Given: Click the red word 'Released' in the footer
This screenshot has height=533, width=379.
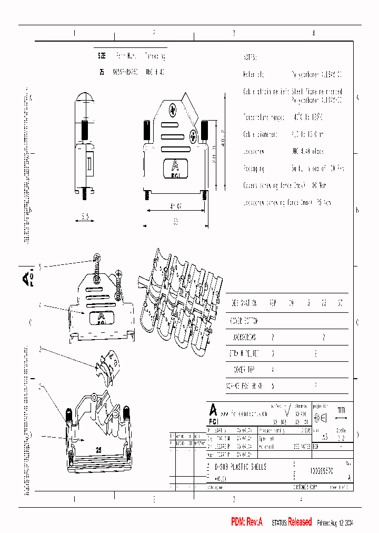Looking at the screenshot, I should pyautogui.click(x=300, y=521).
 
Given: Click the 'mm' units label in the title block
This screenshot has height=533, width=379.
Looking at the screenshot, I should pyautogui.click(x=341, y=410).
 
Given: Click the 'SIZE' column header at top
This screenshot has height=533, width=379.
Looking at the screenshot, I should pyautogui.click(x=102, y=56).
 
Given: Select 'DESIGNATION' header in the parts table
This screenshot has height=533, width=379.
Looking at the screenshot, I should pyautogui.click(x=244, y=303).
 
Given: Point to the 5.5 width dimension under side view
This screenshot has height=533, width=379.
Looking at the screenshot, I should pyautogui.click(x=85, y=216).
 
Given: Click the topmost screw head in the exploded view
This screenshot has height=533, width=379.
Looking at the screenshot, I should pyautogui.click(x=96, y=258).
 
